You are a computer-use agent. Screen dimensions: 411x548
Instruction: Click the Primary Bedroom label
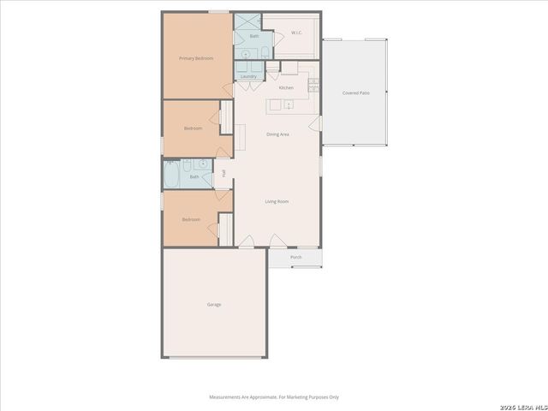[x=195, y=58]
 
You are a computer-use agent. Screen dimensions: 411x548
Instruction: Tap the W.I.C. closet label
[x=296, y=33]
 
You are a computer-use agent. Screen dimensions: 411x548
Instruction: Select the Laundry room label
[x=248, y=77]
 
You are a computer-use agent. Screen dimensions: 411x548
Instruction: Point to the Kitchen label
[x=286, y=87]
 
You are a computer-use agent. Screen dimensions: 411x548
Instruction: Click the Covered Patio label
[x=355, y=92]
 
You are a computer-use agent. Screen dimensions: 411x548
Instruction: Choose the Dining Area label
[x=277, y=134]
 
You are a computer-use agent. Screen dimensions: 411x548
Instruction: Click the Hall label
[x=223, y=174]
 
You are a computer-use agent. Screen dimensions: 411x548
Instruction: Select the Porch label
[x=295, y=257]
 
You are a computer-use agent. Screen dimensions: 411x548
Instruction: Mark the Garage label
[x=214, y=304]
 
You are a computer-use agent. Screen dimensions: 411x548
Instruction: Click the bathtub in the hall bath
[x=171, y=176]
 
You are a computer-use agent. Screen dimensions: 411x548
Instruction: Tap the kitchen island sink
[x=289, y=105]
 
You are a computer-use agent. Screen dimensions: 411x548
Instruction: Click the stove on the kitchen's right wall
[x=313, y=84]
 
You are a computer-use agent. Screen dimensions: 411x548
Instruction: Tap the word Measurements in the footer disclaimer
[x=229, y=397]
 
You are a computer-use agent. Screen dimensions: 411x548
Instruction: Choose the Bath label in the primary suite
[x=253, y=37]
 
